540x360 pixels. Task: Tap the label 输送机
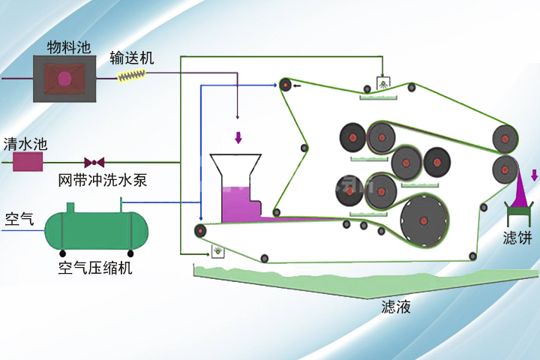click(x=131, y=58)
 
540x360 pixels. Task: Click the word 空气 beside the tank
click(x=19, y=220)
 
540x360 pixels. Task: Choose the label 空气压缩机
click(x=95, y=268)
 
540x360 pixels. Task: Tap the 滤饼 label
click(x=517, y=239)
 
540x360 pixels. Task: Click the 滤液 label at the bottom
click(x=396, y=307)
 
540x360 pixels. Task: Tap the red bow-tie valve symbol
click(x=94, y=161)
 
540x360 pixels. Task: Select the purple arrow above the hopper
click(x=238, y=138)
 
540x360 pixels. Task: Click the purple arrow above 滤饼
click(x=534, y=176)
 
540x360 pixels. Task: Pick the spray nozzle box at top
click(x=382, y=82)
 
